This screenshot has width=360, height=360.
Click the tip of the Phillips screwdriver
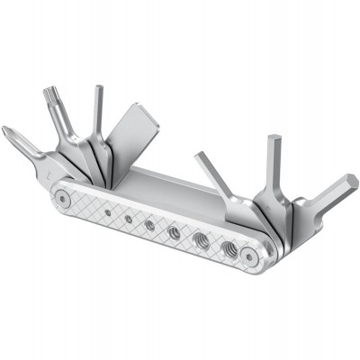click(x=6, y=132)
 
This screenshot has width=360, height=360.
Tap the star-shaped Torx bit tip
click(x=49, y=94)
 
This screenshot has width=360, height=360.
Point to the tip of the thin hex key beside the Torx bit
click(x=98, y=89)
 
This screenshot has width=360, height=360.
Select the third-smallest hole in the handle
click(x=149, y=224)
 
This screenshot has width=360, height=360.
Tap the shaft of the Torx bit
click(x=63, y=121)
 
